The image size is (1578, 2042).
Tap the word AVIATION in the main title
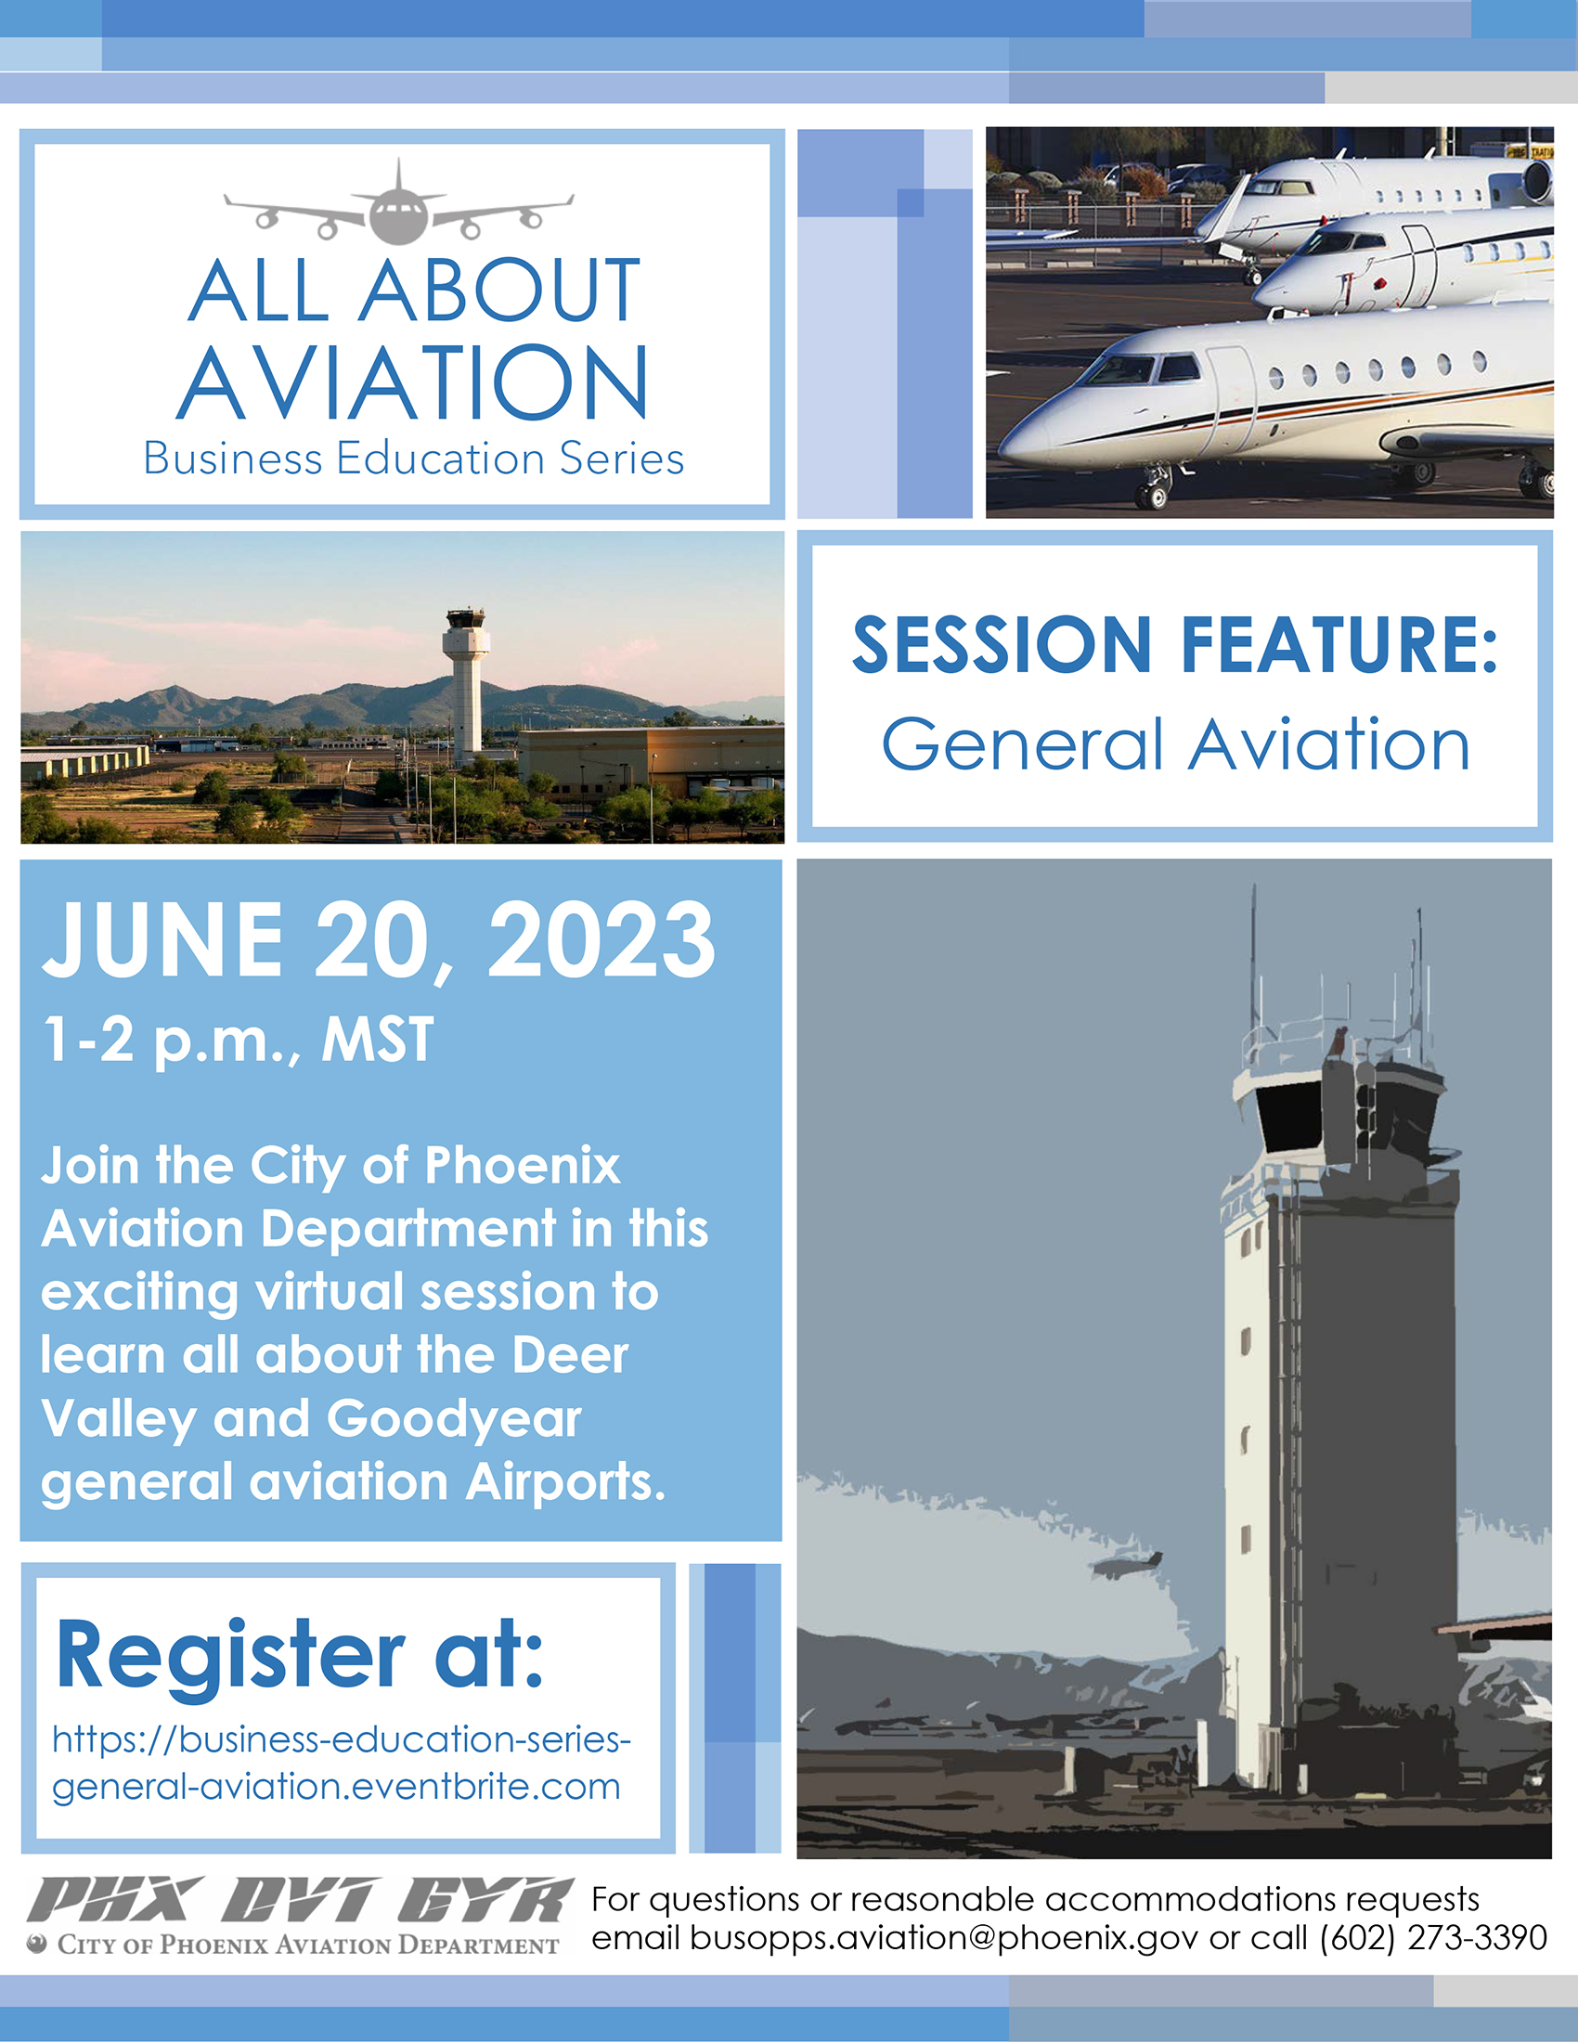[x=412, y=382]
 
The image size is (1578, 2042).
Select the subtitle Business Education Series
[x=413, y=459]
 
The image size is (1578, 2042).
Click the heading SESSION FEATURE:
[x=1175, y=644]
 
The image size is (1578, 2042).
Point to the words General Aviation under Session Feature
[x=1176, y=744]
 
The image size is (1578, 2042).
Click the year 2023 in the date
[x=601, y=938]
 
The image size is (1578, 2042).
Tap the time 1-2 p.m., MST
[x=239, y=1039]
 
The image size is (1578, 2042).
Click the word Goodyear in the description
[x=453, y=1420]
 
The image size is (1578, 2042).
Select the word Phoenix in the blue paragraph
[x=523, y=1165]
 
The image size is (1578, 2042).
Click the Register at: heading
[x=300, y=1655]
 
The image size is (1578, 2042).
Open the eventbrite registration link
[x=342, y=1763]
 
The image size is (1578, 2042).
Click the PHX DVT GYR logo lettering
[x=299, y=1899]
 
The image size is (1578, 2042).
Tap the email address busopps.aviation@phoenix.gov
[x=944, y=1937]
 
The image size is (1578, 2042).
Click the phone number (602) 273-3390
[x=1433, y=1937]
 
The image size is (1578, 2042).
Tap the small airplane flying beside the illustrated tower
[x=1132, y=1563]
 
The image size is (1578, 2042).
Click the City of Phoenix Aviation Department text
[x=307, y=1945]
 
